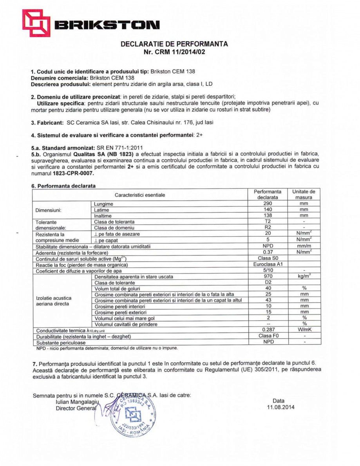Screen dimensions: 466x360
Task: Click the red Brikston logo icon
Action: tap(36, 23)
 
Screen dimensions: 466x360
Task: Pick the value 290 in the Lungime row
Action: tap(268, 204)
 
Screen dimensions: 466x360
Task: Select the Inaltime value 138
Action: tap(268, 215)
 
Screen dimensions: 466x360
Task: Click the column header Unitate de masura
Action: tap(304, 195)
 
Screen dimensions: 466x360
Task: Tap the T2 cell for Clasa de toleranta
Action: tap(268, 222)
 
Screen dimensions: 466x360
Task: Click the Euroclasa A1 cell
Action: tap(268, 265)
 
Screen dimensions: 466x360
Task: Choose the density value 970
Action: tap(268, 276)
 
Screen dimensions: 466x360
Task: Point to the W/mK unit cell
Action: tap(304, 330)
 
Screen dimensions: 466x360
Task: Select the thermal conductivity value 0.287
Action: tap(268, 330)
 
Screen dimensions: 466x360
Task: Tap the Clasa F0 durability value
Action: tap(268, 336)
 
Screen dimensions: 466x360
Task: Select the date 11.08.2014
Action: tap(279, 407)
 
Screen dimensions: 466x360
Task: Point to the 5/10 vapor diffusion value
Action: tap(268, 271)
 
